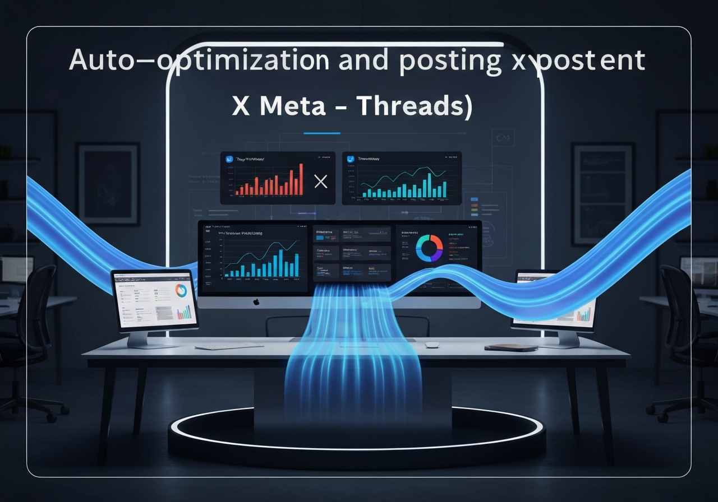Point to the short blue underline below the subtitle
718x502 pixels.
321,133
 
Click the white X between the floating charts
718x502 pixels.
320,181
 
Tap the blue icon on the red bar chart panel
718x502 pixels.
229,159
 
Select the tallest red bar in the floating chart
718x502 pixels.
301,179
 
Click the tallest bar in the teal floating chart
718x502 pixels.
429,185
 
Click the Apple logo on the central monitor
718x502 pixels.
256,302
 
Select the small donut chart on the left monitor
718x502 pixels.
181,290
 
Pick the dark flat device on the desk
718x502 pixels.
510,347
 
